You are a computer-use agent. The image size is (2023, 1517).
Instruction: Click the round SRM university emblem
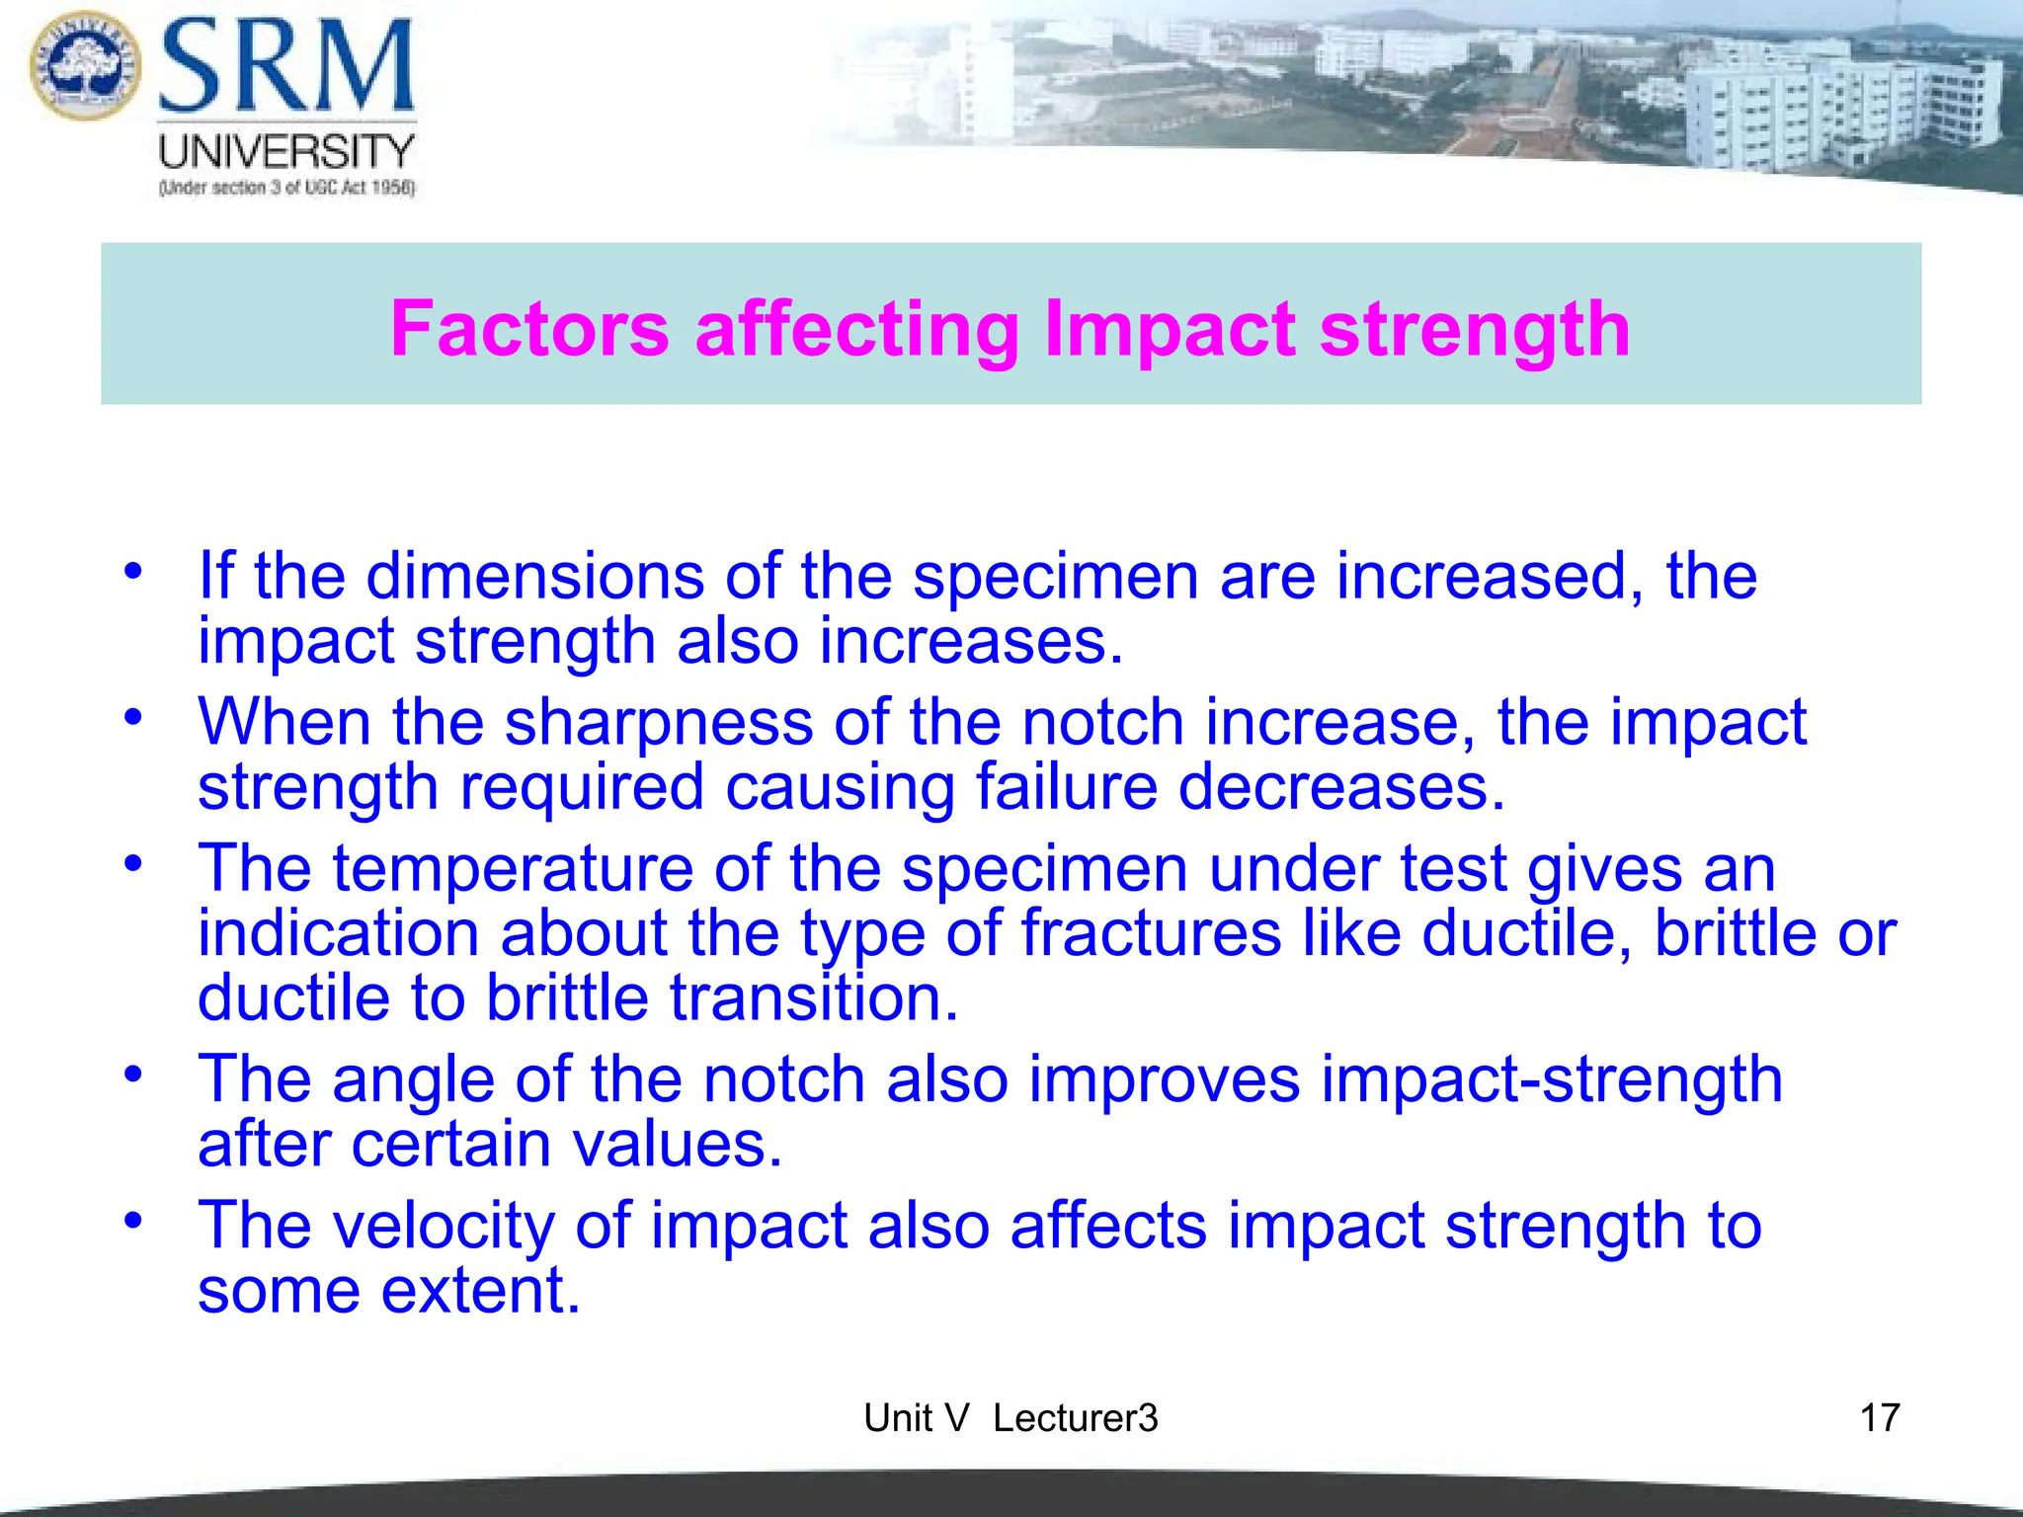(86, 65)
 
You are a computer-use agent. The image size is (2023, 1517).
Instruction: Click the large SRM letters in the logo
(286, 67)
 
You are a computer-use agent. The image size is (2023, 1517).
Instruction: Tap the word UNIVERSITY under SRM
(286, 152)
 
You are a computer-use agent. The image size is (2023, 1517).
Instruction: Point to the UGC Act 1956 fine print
(286, 188)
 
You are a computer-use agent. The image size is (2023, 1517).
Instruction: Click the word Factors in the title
(529, 329)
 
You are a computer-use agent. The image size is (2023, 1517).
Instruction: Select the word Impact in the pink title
(1170, 329)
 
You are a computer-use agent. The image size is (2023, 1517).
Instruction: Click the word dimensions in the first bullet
(534, 576)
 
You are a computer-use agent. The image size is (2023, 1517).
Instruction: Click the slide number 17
(1879, 1418)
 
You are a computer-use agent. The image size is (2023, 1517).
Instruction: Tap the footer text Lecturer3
(1075, 1418)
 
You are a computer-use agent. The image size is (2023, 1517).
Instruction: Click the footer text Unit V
(916, 1418)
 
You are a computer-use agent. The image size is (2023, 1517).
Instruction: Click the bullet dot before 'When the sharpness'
(133, 717)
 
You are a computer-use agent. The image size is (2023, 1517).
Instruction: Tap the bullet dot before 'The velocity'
(133, 1220)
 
